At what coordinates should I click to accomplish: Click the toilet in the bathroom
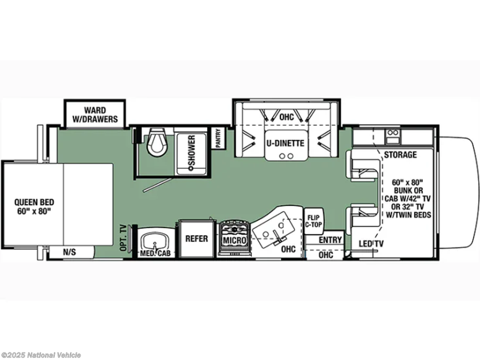pyautogui.click(x=157, y=141)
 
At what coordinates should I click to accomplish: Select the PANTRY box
pyautogui.click(x=218, y=138)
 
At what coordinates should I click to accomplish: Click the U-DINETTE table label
pyautogui.click(x=285, y=143)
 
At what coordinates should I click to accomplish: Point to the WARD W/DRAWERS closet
pyautogui.click(x=95, y=114)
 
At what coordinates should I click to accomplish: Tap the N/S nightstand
pyautogui.click(x=70, y=252)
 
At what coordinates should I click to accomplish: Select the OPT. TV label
pyautogui.click(x=123, y=238)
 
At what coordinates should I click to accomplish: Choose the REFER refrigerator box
pyautogui.click(x=197, y=238)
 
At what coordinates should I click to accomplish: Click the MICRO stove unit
pyautogui.click(x=234, y=238)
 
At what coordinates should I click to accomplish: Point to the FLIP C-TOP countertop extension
pyautogui.click(x=314, y=221)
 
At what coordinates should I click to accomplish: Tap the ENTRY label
pyautogui.click(x=330, y=240)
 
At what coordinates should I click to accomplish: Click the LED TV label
pyautogui.click(x=371, y=244)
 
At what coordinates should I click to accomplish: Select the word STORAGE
pyautogui.click(x=400, y=155)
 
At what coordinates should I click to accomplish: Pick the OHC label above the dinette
pyautogui.click(x=286, y=117)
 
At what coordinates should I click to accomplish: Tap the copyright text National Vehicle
pyautogui.click(x=54, y=355)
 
